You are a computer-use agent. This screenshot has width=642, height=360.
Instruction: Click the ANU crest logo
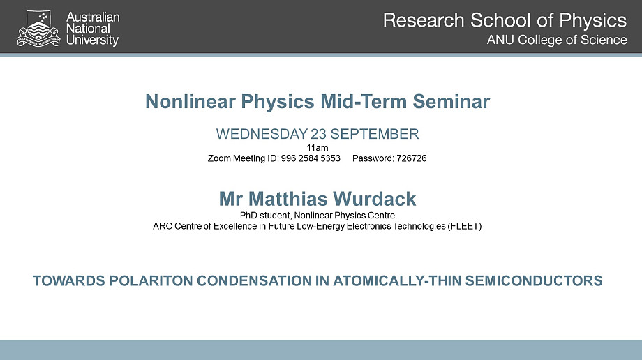pos(38,28)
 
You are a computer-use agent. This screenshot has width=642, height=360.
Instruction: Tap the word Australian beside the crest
pos(93,17)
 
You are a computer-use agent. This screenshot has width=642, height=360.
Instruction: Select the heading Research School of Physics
pos(505,21)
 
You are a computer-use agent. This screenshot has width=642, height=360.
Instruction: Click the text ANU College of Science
pos(557,40)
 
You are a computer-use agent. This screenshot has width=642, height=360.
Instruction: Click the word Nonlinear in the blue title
pos(191,102)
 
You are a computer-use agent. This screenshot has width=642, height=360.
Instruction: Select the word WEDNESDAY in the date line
pos(262,134)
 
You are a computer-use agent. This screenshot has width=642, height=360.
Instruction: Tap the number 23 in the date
pos(318,134)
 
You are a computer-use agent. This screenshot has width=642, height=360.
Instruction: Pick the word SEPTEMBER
pos(375,134)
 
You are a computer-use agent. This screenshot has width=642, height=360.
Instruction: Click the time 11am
pos(318,147)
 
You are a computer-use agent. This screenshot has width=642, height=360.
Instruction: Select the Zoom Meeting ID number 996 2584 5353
pos(311,158)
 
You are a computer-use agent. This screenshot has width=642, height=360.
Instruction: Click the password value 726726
pos(412,158)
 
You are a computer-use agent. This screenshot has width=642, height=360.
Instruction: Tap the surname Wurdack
pos(375,199)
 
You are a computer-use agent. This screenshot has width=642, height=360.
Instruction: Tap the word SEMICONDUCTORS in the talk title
pos(534,281)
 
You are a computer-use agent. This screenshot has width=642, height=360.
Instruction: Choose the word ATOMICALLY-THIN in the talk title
pos(397,281)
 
